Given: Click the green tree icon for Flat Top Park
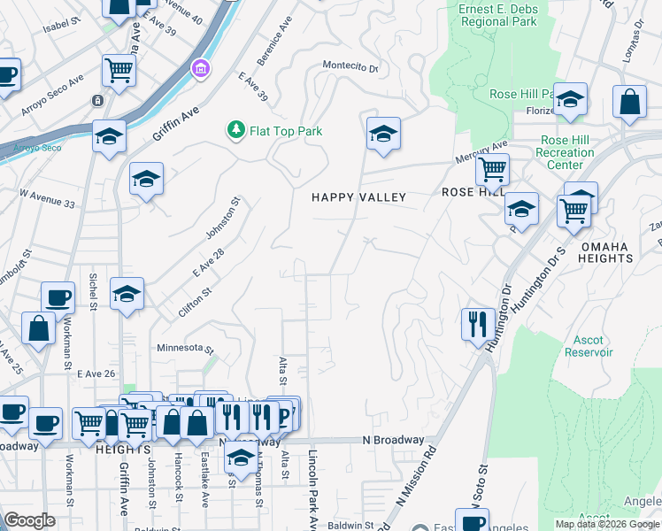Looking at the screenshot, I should pyautogui.click(x=235, y=131).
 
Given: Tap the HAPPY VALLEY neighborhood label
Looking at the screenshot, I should pyautogui.click(x=358, y=197).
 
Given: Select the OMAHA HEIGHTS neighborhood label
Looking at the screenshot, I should pyautogui.click(x=606, y=252).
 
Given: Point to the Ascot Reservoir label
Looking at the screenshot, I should pyautogui.click(x=589, y=346).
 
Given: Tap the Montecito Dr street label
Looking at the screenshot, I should pyautogui.click(x=350, y=67).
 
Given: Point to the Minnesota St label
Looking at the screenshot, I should pyautogui.click(x=185, y=348).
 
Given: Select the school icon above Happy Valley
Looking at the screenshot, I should pyautogui.click(x=382, y=135).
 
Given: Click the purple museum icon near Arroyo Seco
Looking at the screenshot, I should pyautogui.click(x=201, y=68).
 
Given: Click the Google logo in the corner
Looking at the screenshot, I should pyautogui.click(x=29, y=520).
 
